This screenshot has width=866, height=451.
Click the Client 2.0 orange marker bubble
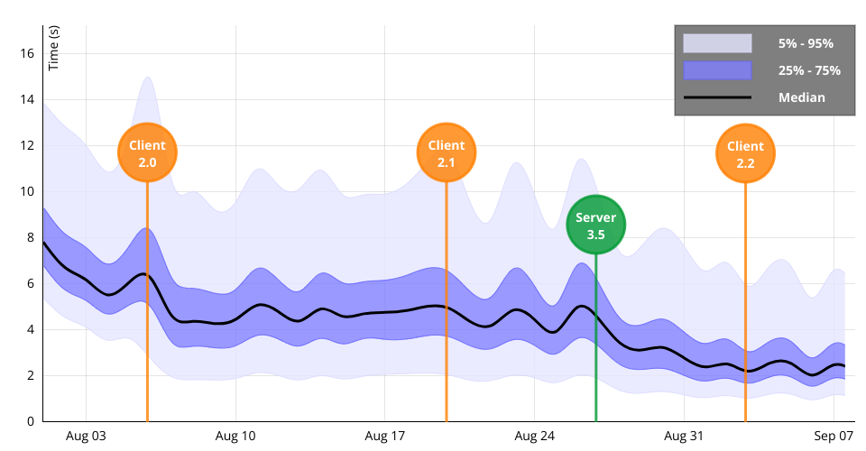(147, 153)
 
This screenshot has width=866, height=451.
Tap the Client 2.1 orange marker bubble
(446, 153)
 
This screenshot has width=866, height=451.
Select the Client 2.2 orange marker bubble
(745, 153)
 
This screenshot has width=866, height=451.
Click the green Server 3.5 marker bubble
(595, 225)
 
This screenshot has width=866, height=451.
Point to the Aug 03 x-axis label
(86, 436)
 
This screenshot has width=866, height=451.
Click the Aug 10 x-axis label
(235, 436)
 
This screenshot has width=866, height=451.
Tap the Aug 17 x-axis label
(385, 436)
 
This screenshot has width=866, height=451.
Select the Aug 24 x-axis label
(535, 436)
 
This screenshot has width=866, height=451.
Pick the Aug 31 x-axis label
(684, 436)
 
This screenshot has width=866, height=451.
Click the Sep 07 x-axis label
(834, 436)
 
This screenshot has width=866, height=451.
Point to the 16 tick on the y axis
(26, 54)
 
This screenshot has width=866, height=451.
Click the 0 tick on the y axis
(30, 421)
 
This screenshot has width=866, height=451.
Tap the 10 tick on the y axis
(26, 191)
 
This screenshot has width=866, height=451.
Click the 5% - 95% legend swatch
(717, 43)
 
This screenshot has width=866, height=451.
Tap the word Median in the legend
(801, 97)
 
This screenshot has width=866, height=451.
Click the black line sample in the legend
(717, 97)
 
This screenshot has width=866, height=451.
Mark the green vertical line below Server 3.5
(595, 343)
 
